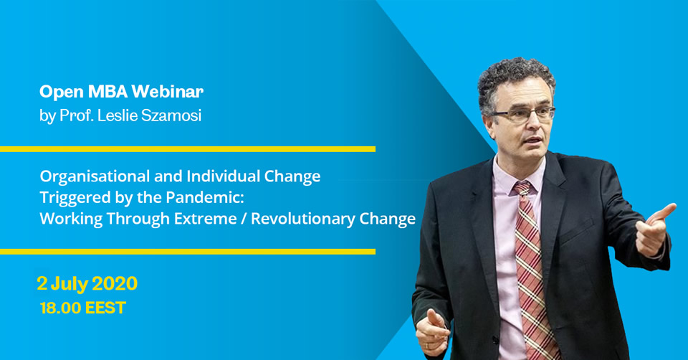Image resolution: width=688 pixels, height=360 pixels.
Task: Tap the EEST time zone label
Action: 105,308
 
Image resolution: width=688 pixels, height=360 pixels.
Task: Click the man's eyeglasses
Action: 523,114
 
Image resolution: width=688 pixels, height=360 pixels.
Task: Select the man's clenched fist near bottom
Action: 432,331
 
